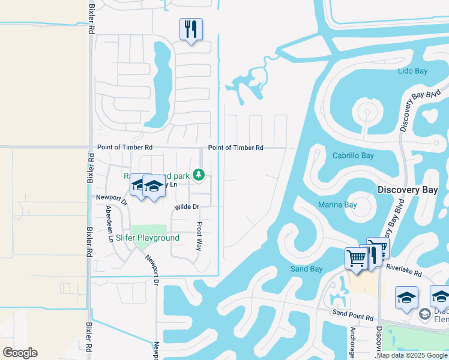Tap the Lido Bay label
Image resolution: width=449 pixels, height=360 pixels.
click(412, 71)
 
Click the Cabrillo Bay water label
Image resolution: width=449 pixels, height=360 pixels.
click(353, 155)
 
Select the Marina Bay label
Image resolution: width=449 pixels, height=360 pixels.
click(337, 205)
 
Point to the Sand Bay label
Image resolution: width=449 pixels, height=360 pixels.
click(307, 269)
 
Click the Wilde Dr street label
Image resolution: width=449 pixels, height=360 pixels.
click(186, 207)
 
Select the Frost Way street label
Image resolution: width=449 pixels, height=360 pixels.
click(200, 235)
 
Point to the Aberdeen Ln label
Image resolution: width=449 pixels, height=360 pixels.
click(109, 223)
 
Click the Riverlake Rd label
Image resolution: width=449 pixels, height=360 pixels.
click(405, 272)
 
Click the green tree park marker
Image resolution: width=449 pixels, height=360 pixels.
click(199, 175)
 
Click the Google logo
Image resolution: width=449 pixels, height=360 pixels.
click(20, 352)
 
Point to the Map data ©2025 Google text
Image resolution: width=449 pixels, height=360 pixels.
click(412, 355)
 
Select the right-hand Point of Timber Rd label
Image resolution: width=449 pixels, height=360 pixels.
click(235, 148)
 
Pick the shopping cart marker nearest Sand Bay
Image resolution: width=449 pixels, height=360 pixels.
click(356, 259)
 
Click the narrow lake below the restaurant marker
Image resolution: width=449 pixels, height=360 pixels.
click(160, 84)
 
